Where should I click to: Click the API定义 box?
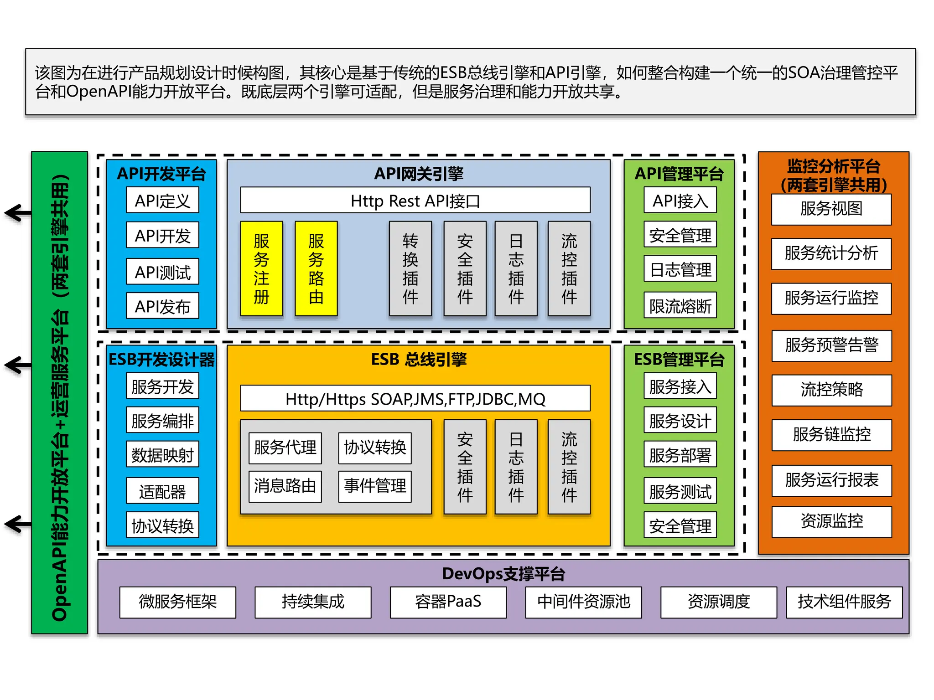[162, 200]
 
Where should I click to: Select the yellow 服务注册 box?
[261, 268]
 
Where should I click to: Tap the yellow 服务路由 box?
[316, 268]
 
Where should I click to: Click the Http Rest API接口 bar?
[415, 200]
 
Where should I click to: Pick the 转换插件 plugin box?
[410, 268]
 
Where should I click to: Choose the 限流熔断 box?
[680, 305]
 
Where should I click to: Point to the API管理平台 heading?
[679, 174]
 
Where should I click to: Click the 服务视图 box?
[831, 209]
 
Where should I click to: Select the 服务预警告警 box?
[831, 345]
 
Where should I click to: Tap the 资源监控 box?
[831, 521]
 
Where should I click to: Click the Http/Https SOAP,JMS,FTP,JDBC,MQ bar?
[415, 399]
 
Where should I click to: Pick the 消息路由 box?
[285, 486]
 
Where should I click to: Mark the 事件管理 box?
[375, 486]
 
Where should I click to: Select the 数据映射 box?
[162, 454]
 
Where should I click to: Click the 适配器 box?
[162, 491]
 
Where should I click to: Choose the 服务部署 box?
[680, 454]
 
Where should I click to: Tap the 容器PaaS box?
[448, 602]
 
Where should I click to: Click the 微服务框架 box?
[178, 602]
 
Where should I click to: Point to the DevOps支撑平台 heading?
[503, 574]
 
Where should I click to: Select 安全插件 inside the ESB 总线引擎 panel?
[465, 467]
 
